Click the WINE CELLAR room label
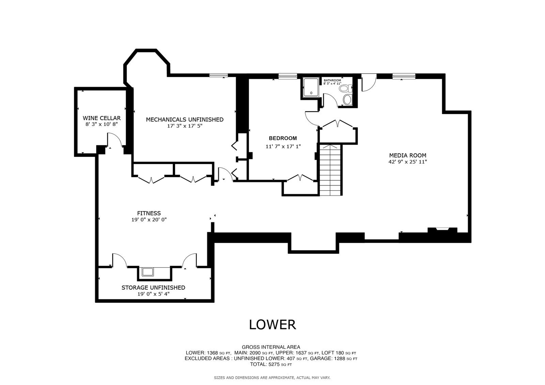(102, 118)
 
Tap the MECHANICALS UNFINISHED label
(185, 120)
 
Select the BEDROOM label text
(283, 138)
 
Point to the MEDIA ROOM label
(408, 155)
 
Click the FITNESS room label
(149, 213)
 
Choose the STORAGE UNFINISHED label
(153, 287)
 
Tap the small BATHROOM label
(332, 80)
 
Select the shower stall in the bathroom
(311, 87)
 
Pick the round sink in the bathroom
(347, 100)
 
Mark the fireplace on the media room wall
(442, 230)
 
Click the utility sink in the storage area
(148, 272)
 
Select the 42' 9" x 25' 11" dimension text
(408, 162)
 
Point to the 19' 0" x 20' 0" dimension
(149, 220)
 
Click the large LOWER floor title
(272, 324)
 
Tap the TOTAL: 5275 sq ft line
(271, 364)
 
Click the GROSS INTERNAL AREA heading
(271, 347)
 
